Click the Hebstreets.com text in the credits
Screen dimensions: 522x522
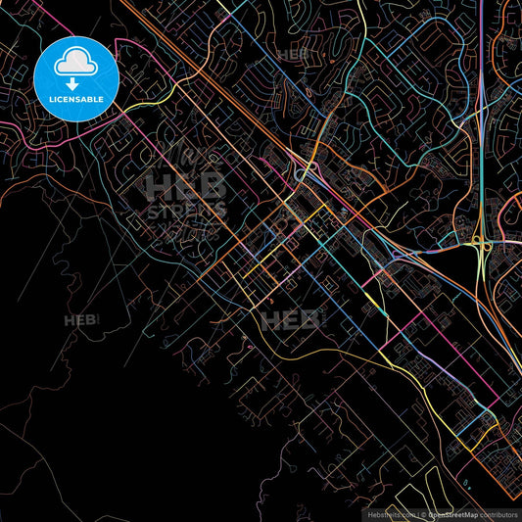coord(389,514)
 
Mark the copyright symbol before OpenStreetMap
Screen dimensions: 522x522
coord(423,514)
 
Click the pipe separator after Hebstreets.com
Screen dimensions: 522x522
coord(416,514)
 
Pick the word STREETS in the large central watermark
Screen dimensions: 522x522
coord(186,210)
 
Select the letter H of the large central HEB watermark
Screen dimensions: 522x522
coord(157,186)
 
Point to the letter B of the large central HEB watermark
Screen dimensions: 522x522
coord(214,186)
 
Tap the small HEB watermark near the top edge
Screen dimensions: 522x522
coord(293,55)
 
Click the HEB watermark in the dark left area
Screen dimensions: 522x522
coord(81,320)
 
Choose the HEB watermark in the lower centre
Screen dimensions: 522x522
coord(290,318)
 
